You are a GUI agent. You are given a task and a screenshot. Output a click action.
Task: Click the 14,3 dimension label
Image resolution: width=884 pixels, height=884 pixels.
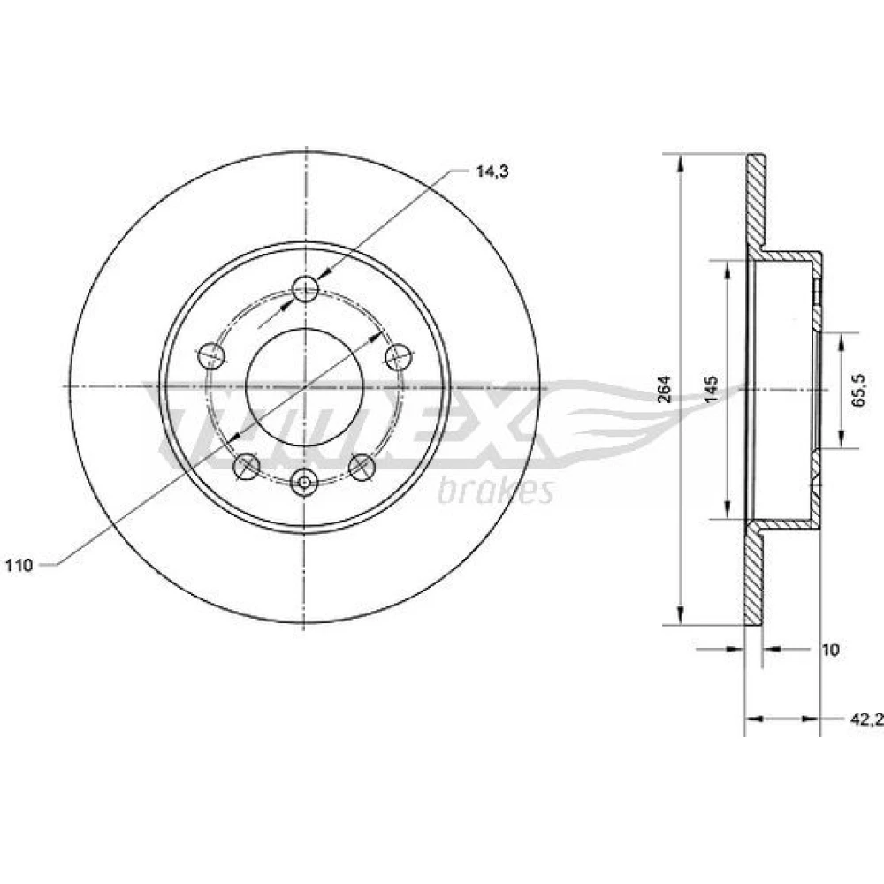point(492,172)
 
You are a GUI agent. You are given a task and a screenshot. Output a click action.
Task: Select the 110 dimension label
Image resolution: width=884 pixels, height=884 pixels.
point(19,565)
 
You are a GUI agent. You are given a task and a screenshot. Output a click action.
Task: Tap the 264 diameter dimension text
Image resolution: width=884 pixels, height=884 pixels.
point(666,389)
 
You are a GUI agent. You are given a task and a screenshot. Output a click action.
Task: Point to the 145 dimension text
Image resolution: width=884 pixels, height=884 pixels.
point(713,389)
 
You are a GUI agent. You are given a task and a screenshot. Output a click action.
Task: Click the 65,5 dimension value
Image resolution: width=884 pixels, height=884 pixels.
point(858,390)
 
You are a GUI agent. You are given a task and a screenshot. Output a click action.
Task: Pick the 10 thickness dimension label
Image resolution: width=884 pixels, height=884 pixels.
point(830,650)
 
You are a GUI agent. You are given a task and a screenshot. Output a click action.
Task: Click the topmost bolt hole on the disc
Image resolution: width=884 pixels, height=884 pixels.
point(306,289)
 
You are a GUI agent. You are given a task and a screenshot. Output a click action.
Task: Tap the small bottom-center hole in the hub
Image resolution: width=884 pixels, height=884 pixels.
point(304,483)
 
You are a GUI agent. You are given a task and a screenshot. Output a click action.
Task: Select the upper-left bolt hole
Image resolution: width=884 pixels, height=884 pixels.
point(212,355)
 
